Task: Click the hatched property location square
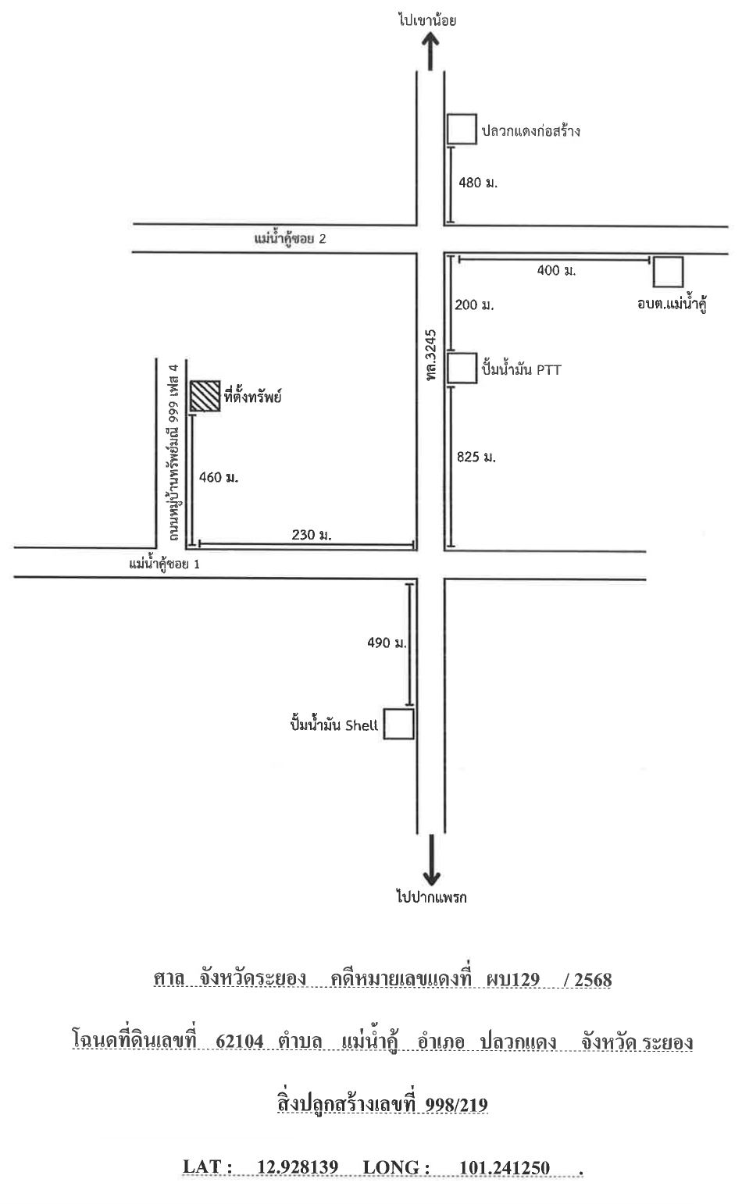[205, 396]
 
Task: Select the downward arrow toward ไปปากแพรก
[431, 860]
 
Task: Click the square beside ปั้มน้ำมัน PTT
[462, 369]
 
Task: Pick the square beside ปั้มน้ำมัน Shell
[398, 724]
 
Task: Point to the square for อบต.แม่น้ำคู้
[669, 272]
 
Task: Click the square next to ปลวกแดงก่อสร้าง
[462, 129]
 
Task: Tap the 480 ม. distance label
[478, 183]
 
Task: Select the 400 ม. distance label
[556, 270]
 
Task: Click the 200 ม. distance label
[474, 305]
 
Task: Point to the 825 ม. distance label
[476, 457]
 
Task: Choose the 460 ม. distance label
[218, 477]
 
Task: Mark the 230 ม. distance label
[312, 535]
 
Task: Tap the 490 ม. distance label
[387, 643]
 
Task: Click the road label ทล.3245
[431, 355]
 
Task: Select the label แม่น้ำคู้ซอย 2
[291, 239]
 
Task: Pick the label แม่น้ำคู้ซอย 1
[165, 564]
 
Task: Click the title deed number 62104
[239, 1041]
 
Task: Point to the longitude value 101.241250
[505, 1167]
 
